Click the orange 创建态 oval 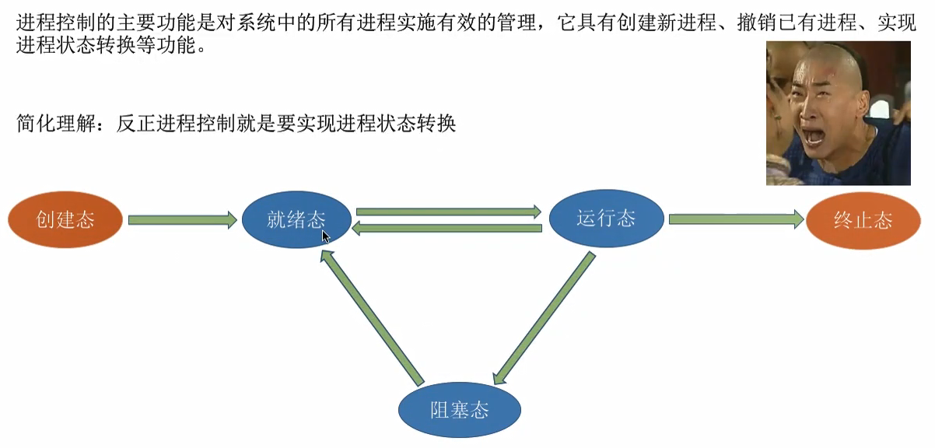click(66, 220)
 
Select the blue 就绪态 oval click(296, 219)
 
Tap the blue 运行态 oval click(607, 218)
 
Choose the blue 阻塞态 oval click(459, 410)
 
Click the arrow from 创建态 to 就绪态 click(182, 220)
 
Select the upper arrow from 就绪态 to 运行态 click(448, 212)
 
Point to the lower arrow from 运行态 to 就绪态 click(448, 228)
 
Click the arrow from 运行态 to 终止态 click(736, 220)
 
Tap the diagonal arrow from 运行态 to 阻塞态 click(545, 317)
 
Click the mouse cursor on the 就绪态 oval click(326, 236)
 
